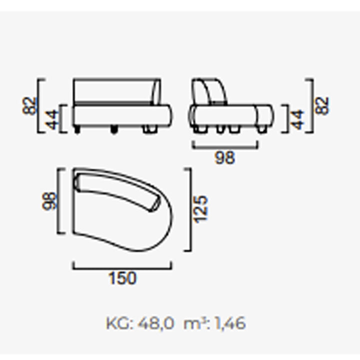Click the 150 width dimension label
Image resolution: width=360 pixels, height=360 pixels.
122,278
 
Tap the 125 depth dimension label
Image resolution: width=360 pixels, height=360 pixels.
200,209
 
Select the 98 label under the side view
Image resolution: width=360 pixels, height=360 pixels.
225,157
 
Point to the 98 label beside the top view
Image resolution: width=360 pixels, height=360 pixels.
49,201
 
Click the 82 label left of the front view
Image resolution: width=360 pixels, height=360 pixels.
29,106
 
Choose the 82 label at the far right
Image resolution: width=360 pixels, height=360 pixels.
321,105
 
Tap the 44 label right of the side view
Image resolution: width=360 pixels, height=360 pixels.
297,119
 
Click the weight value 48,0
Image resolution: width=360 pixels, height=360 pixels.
156,323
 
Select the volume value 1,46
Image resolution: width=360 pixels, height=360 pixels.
230,323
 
